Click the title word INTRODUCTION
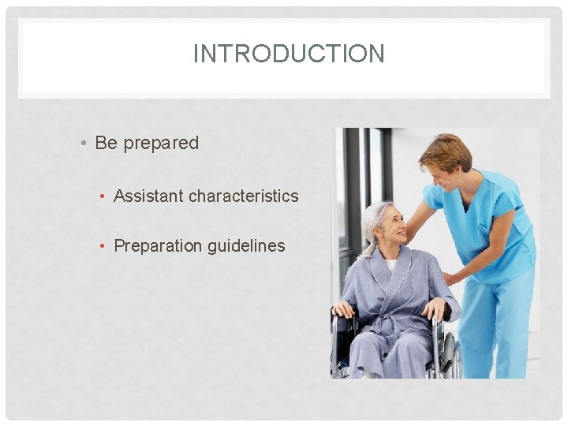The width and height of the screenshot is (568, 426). pyautogui.click(x=289, y=54)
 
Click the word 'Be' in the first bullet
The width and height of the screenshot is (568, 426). pyautogui.click(x=105, y=143)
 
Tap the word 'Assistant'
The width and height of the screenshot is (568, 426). pyautogui.click(x=148, y=196)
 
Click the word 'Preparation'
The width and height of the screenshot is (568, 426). pyautogui.click(x=159, y=245)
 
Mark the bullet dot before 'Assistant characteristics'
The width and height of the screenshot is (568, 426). pyautogui.click(x=103, y=196)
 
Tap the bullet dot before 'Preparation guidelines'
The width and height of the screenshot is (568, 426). pyautogui.click(x=103, y=246)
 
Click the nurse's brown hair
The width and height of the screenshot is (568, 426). pyautogui.click(x=446, y=148)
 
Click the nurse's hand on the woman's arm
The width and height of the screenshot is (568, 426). pyautogui.click(x=451, y=278)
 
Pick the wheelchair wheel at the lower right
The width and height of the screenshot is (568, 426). pyautogui.click(x=450, y=355)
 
